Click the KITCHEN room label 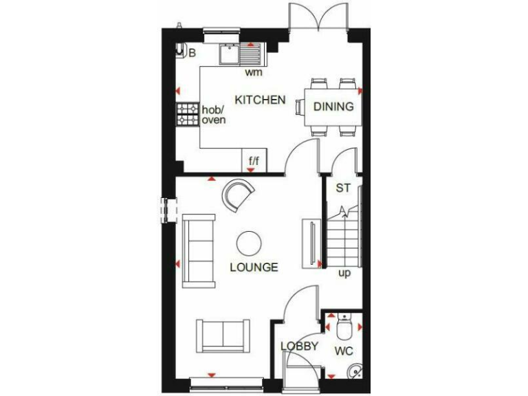(x=260, y=100)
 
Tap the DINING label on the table (x=333, y=107)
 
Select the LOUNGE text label (x=254, y=267)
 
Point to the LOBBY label (x=299, y=346)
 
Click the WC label (x=344, y=351)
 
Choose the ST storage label (x=342, y=188)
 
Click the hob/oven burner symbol (x=187, y=114)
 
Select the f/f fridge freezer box (x=254, y=161)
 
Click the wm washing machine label (x=254, y=71)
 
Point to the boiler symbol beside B (x=181, y=49)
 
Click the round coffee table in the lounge (x=249, y=243)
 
